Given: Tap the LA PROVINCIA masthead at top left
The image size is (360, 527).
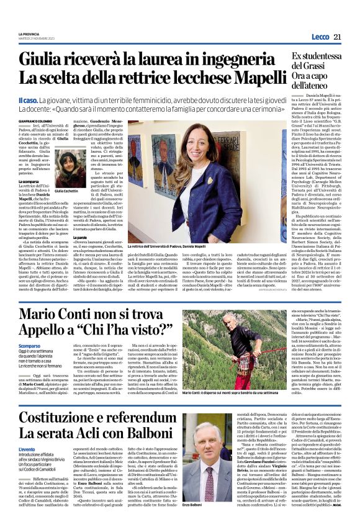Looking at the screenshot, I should click(x=29, y=34).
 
